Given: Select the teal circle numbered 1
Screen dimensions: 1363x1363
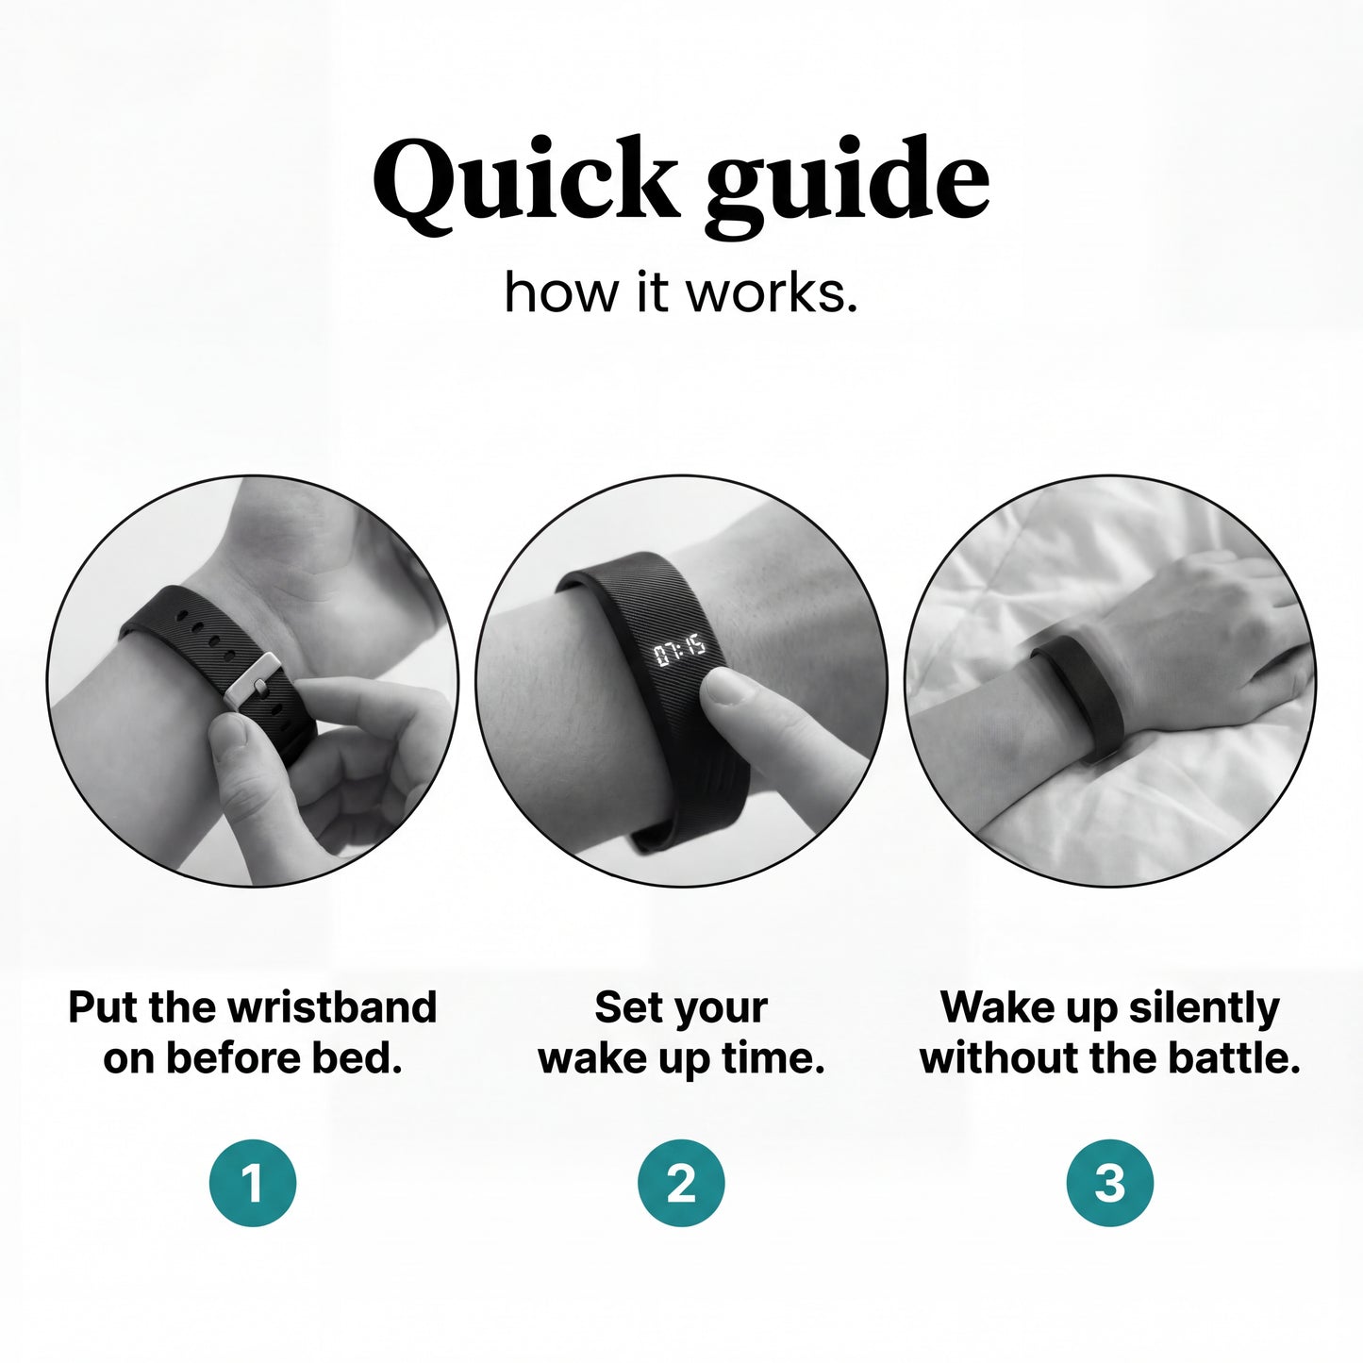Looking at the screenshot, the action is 253,1182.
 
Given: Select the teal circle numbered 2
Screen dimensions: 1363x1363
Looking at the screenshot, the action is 681,1182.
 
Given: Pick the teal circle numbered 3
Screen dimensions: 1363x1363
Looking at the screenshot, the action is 1110,1182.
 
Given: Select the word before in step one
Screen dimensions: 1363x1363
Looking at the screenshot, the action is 238,1058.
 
